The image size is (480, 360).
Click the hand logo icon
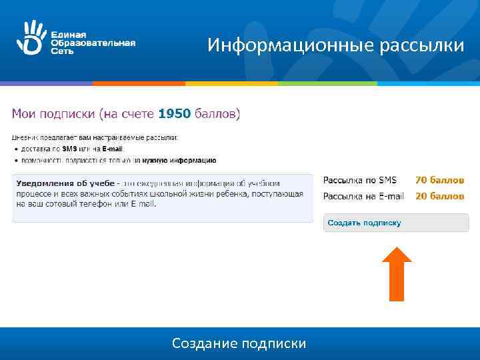(x=29, y=37)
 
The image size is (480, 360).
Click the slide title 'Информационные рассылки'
(x=335, y=45)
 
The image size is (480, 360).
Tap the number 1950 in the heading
(x=174, y=114)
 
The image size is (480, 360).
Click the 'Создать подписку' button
(x=396, y=223)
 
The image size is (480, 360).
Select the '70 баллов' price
(x=439, y=180)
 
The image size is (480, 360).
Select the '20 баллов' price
(x=439, y=196)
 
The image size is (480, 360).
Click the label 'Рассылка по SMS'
(x=360, y=180)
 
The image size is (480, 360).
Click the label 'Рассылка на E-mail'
(x=364, y=196)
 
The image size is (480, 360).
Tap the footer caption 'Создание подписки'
(x=239, y=343)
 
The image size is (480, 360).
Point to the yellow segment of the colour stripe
(x=231, y=83)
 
